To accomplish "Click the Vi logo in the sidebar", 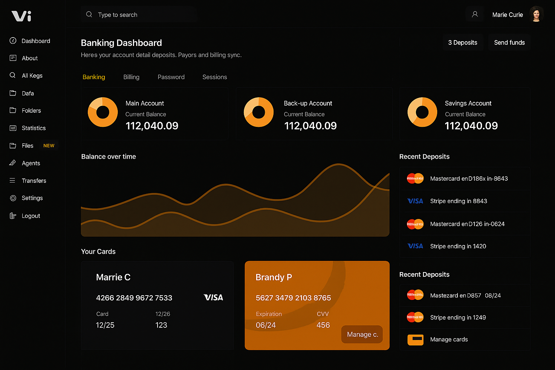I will coord(21,16).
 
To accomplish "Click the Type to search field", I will coord(139,15).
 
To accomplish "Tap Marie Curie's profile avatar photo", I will coord(536,14).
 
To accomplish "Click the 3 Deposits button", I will coord(462,43).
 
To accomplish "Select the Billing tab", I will coord(131,77).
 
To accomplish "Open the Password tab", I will coord(171,77).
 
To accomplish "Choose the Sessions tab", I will coord(215,77).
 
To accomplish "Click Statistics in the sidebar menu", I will coord(34,128).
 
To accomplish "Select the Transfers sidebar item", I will coord(34,181).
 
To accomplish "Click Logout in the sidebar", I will coord(31,216).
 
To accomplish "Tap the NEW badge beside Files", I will coord(49,146).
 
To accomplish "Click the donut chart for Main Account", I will coord(103,112).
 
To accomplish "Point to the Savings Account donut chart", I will coord(422,112).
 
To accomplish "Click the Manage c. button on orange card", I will coord(362,335).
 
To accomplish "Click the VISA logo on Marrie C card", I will coord(213,297).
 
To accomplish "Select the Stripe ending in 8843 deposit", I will coord(459,201).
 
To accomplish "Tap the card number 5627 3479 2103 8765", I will coord(293,298).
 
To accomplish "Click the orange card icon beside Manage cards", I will coord(415,340).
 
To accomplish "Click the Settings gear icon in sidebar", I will coord(13,198).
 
